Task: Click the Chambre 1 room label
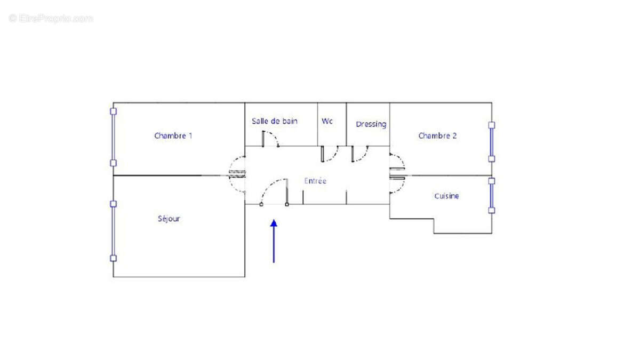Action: [173, 136]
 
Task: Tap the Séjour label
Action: [169, 219]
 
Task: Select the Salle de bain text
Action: [275, 122]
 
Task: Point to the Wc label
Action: [327, 122]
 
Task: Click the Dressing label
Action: [371, 124]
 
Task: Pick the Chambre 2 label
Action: [437, 136]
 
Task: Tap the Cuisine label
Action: [446, 196]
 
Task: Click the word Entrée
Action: [315, 181]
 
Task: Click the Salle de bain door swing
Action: [272, 138]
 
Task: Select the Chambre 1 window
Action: [113, 137]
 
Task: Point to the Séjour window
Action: [113, 230]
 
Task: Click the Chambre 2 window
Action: [491, 142]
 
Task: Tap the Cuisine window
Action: [491, 196]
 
